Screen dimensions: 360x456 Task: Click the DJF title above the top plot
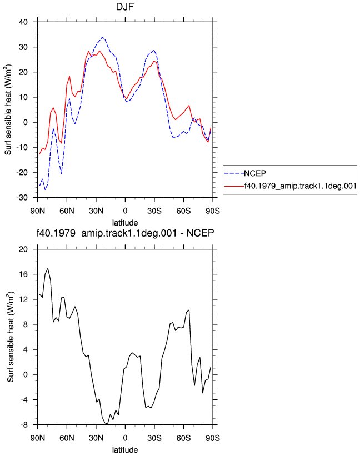coord(125,7)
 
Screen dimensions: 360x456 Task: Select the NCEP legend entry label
coord(255,173)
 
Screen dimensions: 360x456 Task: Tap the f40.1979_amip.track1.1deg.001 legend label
coord(301,186)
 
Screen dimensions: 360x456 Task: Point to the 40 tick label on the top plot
coord(23,22)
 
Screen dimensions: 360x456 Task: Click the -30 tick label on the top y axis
coord(22,198)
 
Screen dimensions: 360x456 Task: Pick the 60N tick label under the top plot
coord(67,211)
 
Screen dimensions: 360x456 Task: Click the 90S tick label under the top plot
coord(213,211)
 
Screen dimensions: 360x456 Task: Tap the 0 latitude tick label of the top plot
coord(125,211)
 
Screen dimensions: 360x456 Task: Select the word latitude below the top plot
coord(125,223)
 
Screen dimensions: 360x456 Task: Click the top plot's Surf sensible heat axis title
coord(8,109)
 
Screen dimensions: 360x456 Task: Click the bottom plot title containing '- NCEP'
coord(125,233)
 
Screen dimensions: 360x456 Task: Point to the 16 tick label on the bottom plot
coord(23,274)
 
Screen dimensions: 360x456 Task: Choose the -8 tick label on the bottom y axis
coord(24,424)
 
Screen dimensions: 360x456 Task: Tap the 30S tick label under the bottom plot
coord(154,438)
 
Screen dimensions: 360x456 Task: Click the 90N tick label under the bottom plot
coord(38,438)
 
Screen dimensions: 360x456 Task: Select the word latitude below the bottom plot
coord(125,450)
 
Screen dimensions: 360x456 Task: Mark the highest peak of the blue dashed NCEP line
coord(102,37)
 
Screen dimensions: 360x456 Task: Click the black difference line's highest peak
coord(48,268)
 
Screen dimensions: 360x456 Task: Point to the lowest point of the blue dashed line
coord(45,189)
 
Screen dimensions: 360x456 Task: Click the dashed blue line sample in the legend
coord(234,174)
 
